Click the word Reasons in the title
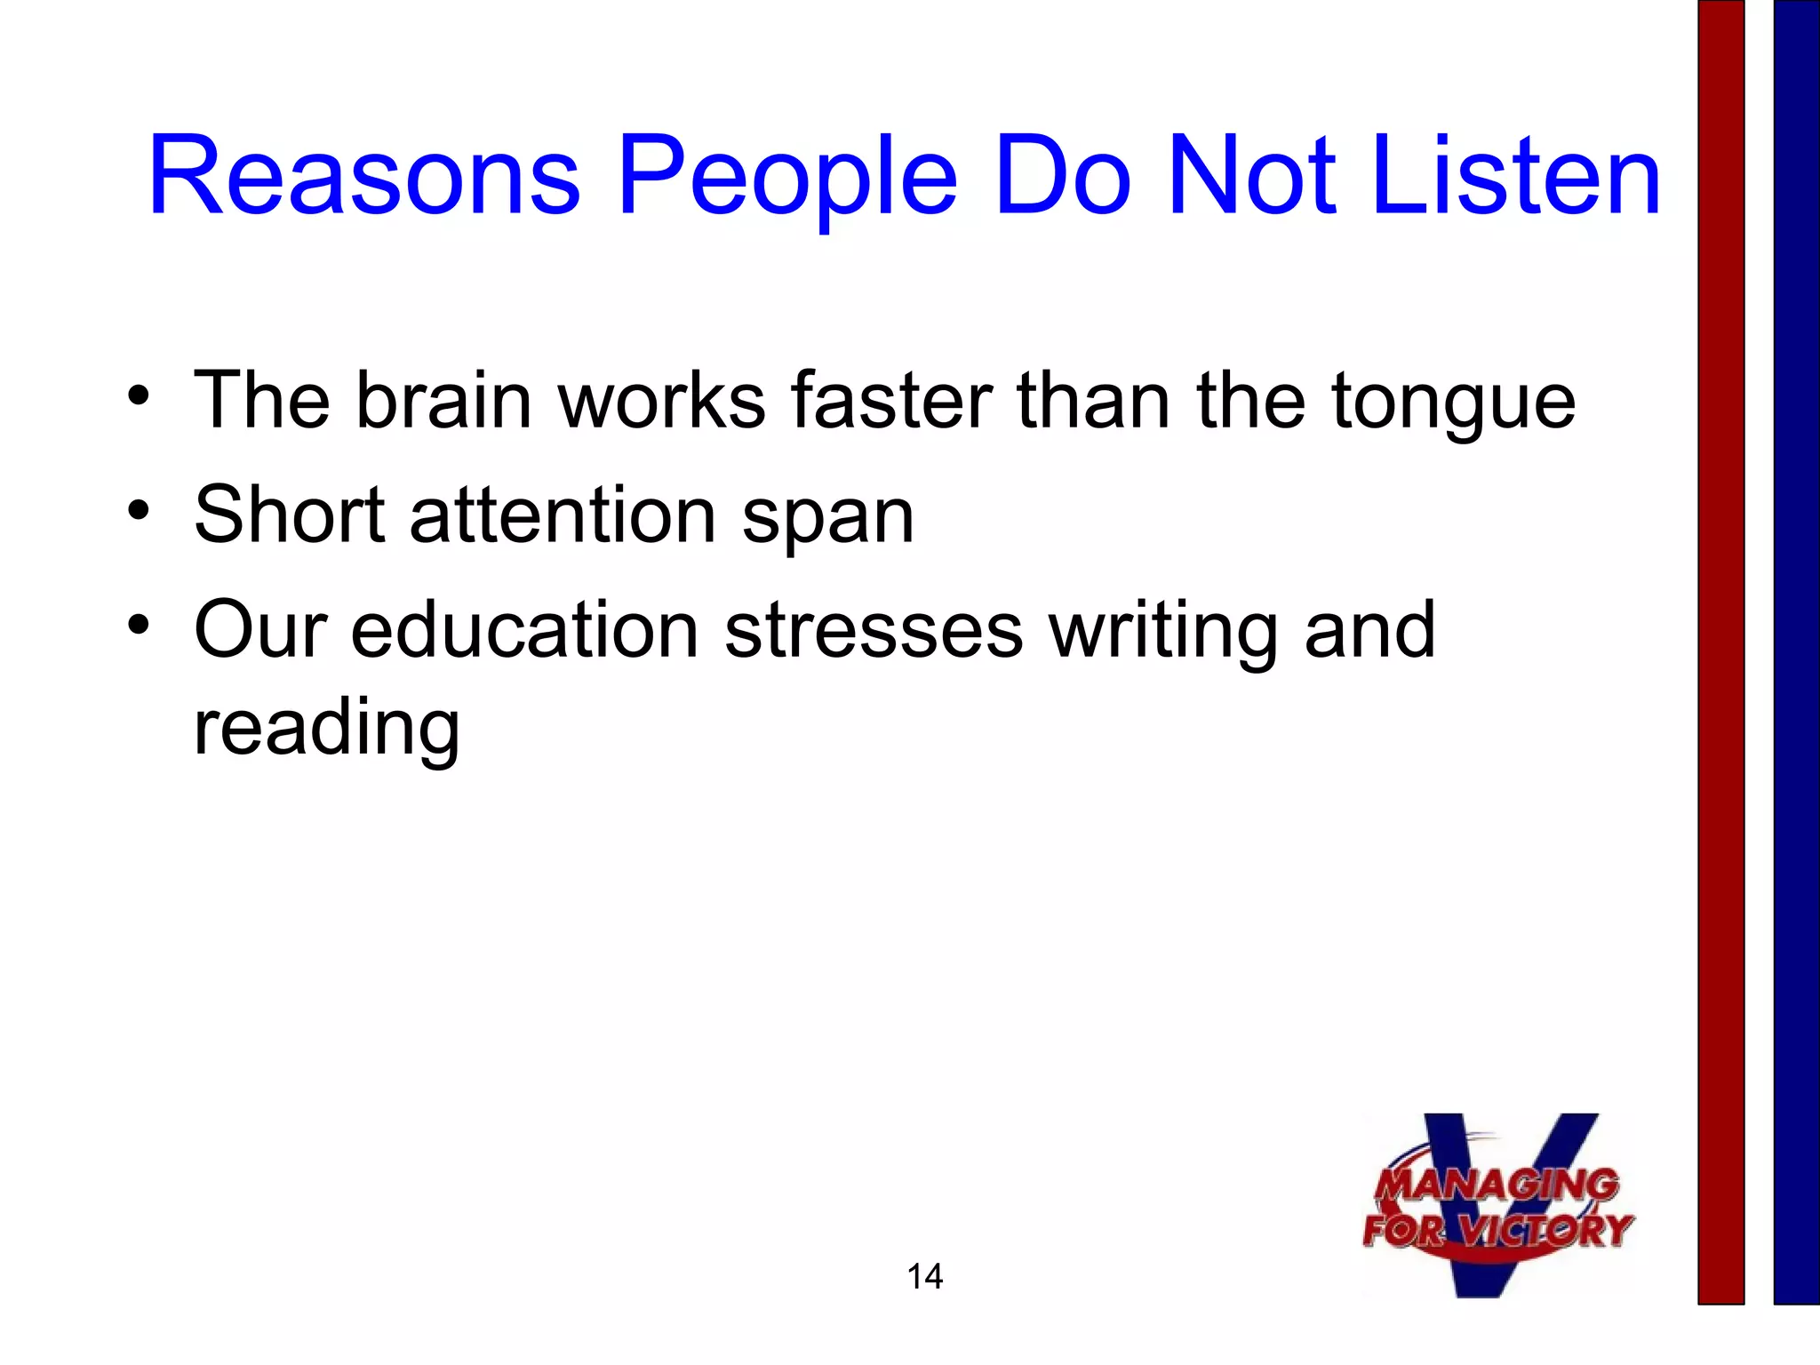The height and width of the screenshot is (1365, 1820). pos(364,176)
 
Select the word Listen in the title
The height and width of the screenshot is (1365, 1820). pos(1516,176)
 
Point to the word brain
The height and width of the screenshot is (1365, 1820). pos(444,400)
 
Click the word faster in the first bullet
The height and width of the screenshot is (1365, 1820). pos(891,400)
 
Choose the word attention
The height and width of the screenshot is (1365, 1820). pos(563,515)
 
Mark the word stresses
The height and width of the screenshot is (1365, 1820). pos(874,631)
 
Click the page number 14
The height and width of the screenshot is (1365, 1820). pos(924,1276)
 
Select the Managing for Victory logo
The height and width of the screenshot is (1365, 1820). pos(1498,1207)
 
